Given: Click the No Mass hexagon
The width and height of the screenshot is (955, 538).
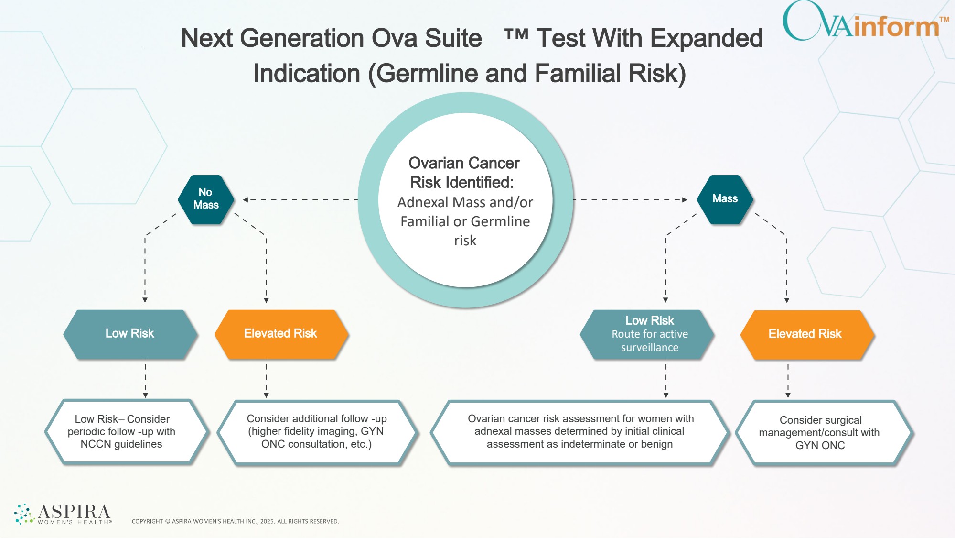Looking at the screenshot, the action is click(x=206, y=199).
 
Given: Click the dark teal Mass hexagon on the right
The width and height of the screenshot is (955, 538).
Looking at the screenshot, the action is click(x=725, y=199).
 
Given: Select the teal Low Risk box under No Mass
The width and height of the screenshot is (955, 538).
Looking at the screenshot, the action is click(x=130, y=334).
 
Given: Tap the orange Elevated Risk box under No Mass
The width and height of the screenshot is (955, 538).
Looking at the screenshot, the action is click(x=281, y=334).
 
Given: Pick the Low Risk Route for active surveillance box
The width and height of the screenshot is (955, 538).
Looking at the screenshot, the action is click(x=647, y=334).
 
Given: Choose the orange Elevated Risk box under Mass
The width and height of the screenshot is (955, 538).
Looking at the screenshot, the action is click(x=807, y=334).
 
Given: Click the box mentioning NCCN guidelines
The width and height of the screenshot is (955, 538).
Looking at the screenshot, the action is click(x=127, y=432).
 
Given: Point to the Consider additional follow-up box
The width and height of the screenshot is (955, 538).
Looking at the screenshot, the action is click(x=318, y=432).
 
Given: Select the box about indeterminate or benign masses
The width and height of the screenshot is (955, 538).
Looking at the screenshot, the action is click(x=580, y=432).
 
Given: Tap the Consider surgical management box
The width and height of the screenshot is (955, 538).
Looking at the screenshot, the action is click(x=824, y=432).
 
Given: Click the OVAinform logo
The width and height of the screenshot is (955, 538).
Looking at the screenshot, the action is click(x=865, y=22).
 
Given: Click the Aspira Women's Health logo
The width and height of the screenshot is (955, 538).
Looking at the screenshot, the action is click(x=63, y=514).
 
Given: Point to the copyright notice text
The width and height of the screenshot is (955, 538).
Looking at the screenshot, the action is click(x=235, y=521).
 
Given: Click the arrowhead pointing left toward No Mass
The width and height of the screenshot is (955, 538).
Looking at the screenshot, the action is click(x=245, y=199).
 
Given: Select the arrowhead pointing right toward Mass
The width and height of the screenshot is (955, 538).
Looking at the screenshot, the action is click(x=685, y=199).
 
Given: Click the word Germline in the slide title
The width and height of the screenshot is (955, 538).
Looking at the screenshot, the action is click(x=427, y=74).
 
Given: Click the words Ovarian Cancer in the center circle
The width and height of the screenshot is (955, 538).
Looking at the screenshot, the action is click(x=464, y=163).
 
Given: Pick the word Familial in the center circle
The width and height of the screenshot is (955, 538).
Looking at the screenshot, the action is click(x=425, y=221).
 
